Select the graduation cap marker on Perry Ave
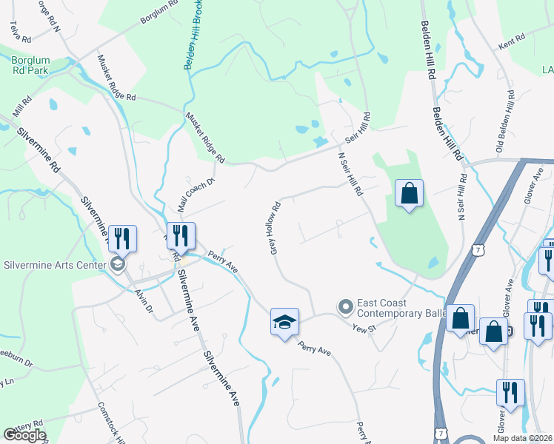click(x=284, y=322)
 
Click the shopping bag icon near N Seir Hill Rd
click(x=409, y=194)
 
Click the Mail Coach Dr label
click(x=195, y=191)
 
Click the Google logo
click(x=24, y=435)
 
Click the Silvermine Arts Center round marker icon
click(x=117, y=265)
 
